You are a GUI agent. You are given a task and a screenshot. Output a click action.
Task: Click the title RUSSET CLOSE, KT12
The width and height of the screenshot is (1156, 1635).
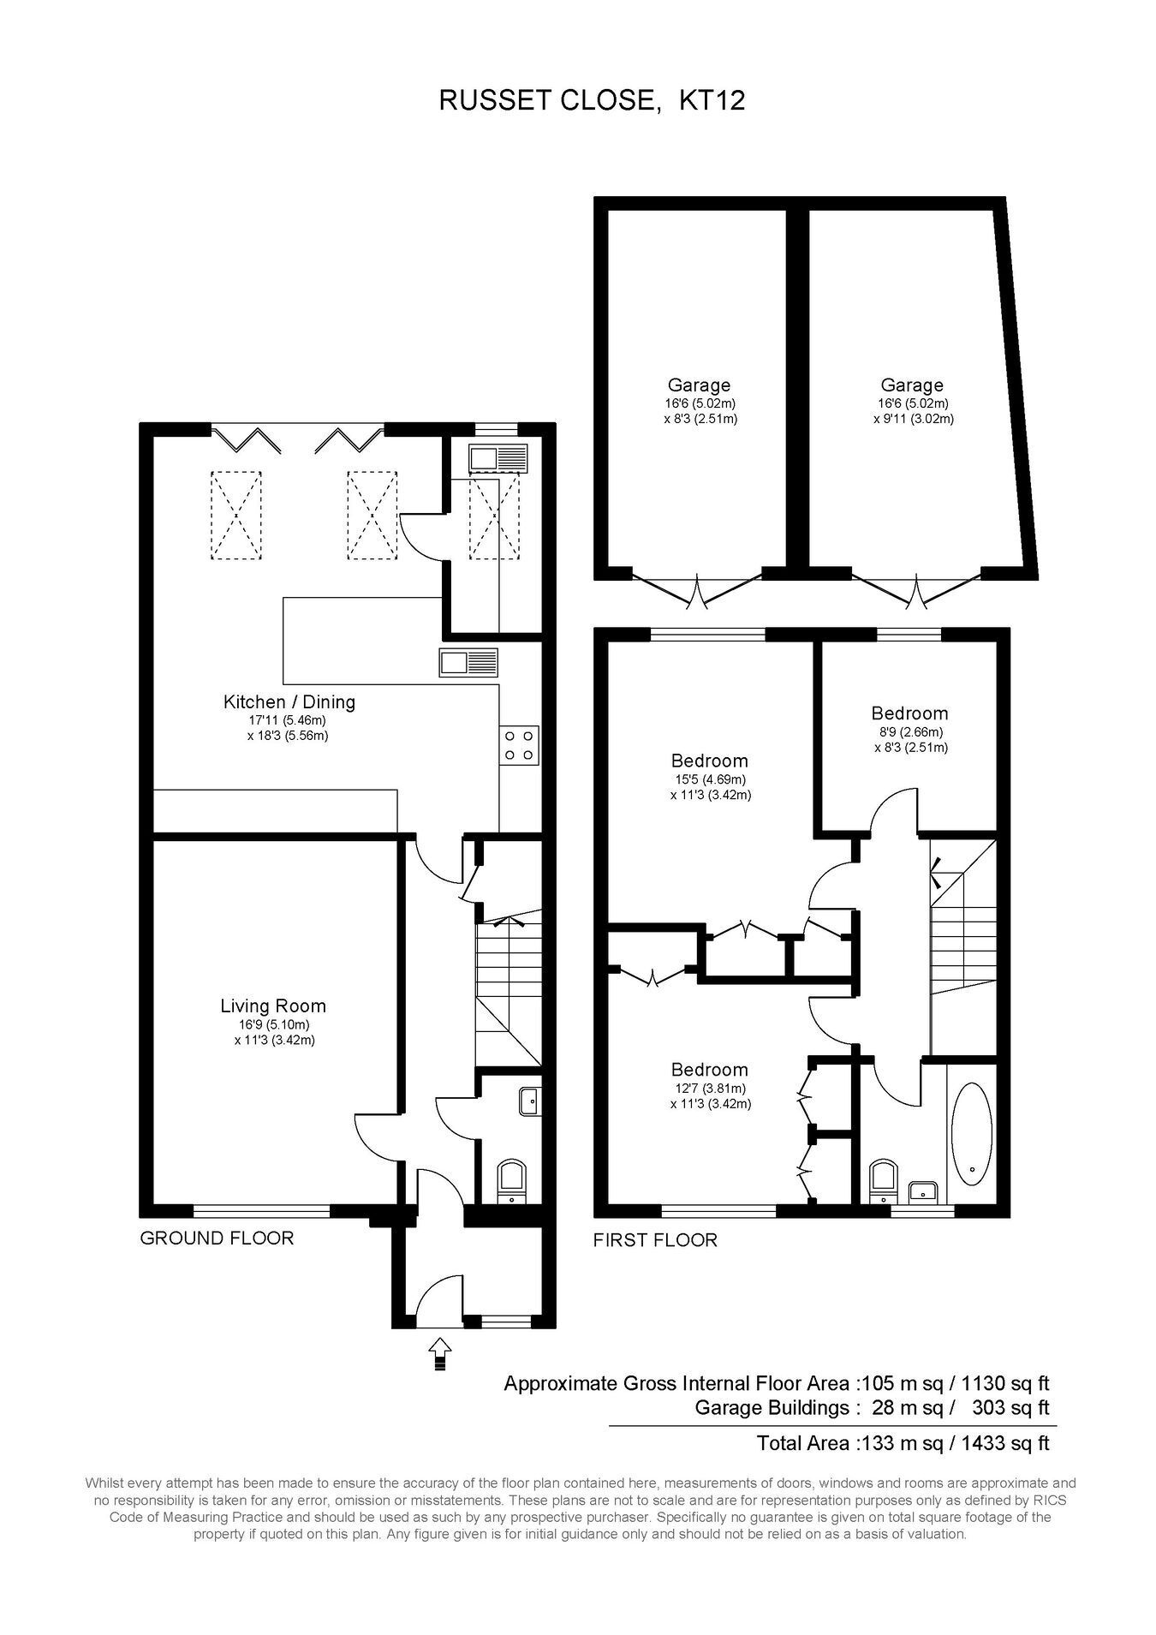[x=592, y=100]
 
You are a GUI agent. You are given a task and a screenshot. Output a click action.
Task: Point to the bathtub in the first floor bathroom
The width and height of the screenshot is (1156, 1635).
[x=971, y=1134]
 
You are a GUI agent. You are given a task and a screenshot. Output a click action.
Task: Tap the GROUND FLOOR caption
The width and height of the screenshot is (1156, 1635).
[x=217, y=1238]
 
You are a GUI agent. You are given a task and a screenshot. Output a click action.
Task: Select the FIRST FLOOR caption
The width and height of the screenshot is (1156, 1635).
[x=655, y=1239]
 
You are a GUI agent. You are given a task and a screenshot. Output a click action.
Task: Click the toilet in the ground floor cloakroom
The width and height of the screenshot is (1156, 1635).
[x=513, y=1179]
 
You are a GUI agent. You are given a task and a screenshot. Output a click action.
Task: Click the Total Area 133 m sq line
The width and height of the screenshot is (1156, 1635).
[x=903, y=1442]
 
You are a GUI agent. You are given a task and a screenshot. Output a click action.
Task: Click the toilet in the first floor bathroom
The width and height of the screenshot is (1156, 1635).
[x=881, y=1181]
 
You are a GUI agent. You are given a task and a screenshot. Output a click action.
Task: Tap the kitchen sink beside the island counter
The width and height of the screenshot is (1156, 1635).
[x=468, y=662]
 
